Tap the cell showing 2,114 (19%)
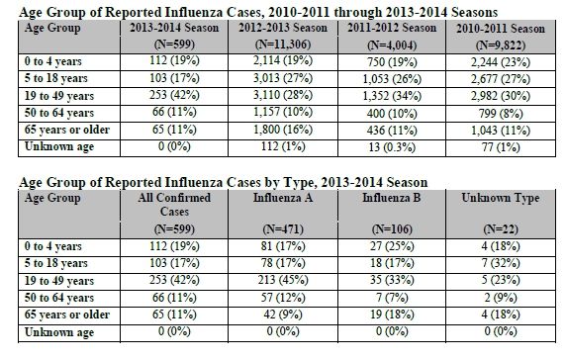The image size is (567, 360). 283,60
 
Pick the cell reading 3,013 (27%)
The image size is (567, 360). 283,78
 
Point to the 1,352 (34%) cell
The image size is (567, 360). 392,96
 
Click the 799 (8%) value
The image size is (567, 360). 501,114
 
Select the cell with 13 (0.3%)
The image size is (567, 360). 392,147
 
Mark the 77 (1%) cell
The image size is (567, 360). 501,147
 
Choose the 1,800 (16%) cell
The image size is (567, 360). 283,130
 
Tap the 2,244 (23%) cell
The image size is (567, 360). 501,62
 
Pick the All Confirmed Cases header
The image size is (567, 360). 174,204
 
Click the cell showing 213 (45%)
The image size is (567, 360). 283,280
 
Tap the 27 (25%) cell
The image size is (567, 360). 392,246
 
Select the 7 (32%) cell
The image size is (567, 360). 501,263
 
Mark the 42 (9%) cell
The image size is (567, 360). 283,315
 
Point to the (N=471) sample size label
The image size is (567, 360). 283,229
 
